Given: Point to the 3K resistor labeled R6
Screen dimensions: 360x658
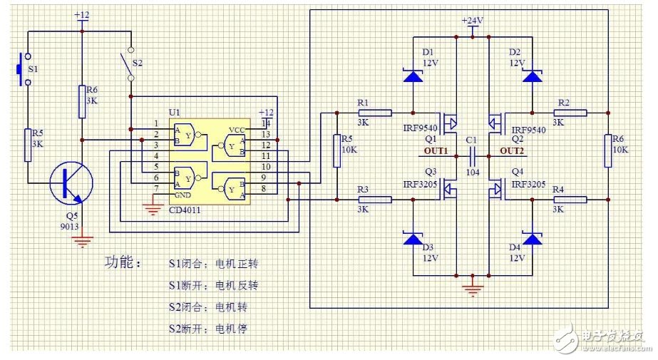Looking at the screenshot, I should click(x=83, y=100).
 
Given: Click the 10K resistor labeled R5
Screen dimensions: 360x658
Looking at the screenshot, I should click(x=335, y=149).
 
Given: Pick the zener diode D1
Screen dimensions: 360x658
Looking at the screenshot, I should click(x=412, y=76).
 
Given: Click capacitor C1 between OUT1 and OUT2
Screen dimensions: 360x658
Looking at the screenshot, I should click(x=472, y=152).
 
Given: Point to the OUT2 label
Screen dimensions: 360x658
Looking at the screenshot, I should click(x=512, y=152).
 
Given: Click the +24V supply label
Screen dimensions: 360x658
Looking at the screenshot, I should click(x=472, y=21).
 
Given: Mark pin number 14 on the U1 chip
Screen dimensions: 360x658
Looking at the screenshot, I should click(x=266, y=123).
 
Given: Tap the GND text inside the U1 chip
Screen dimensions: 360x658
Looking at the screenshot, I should click(x=182, y=194).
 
